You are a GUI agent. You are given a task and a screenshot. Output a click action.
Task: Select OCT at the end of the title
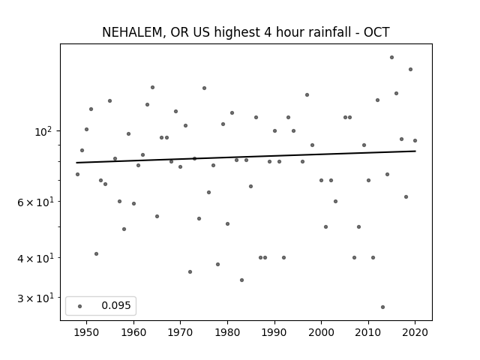pyautogui.click(x=376, y=32)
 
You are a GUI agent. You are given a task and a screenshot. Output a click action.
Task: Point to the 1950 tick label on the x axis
pyautogui.click(x=86, y=332)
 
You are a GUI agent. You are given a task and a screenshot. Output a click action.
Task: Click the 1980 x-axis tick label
pyautogui.click(x=227, y=332)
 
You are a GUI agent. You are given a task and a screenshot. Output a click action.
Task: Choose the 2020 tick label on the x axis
pyautogui.click(x=415, y=332)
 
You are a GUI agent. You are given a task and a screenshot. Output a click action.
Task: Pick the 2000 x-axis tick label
pyautogui.click(x=321, y=332)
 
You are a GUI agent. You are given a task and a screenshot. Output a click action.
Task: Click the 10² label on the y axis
pyautogui.click(x=43, y=132)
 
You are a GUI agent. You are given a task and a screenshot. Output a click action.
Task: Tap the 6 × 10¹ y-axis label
pyautogui.click(x=35, y=202)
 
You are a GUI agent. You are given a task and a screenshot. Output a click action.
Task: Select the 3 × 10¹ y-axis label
pyautogui.click(x=35, y=298)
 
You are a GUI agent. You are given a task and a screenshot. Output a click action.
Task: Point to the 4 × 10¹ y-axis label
pyautogui.click(x=35, y=258)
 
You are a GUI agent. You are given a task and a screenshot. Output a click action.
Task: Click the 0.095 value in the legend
pyautogui.click(x=116, y=305)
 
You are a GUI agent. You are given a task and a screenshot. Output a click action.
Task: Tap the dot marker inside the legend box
pyautogui.click(x=79, y=306)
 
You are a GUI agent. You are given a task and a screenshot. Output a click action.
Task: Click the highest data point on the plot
pyautogui.click(x=391, y=57)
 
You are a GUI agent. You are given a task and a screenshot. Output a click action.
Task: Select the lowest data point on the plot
pyautogui.click(x=382, y=307)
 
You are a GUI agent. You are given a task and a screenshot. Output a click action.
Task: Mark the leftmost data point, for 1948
pyautogui.click(x=77, y=174)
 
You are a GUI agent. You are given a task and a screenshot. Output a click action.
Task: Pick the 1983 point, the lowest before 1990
pyautogui.click(x=241, y=280)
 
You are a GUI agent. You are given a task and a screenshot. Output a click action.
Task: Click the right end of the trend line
pyautogui.click(x=415, y=151)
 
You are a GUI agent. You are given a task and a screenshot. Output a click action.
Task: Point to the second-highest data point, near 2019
pyautogui.click(x=410, y=70)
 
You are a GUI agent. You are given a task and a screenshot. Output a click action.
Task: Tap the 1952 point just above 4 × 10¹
pyautogui.click(x=96, y=253)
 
